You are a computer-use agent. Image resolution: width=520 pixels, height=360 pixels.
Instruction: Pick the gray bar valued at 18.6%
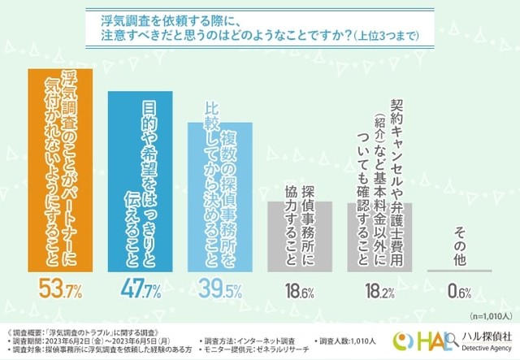point(299,236)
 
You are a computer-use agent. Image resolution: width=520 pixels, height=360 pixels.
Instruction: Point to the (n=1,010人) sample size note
point(487,312)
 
